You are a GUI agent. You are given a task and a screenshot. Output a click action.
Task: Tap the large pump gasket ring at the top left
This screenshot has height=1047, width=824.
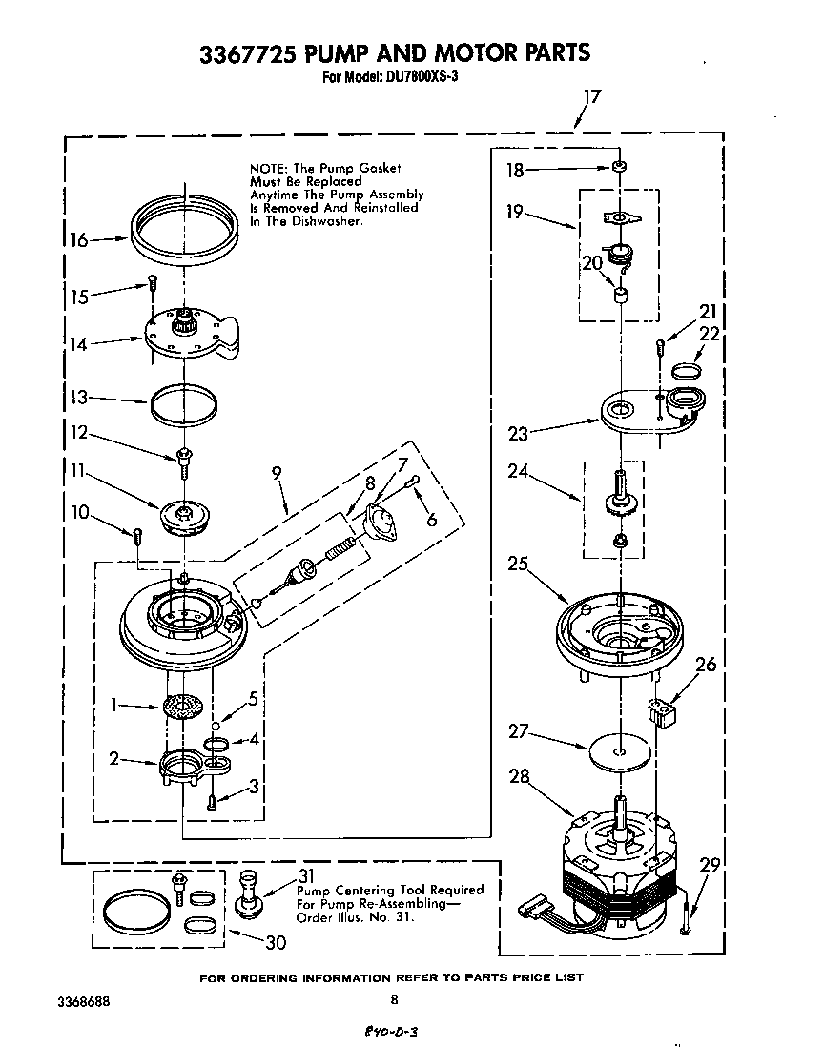coord(180,232)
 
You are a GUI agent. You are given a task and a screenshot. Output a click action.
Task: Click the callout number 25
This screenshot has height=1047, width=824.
coord(519,564)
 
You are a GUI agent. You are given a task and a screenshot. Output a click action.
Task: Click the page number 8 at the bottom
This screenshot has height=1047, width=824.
coord(394,998)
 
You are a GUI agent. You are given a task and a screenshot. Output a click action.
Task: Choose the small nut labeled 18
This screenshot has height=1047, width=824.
coord(620,168)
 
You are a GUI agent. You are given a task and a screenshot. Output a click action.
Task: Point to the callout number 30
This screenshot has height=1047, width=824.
coord(276,943)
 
